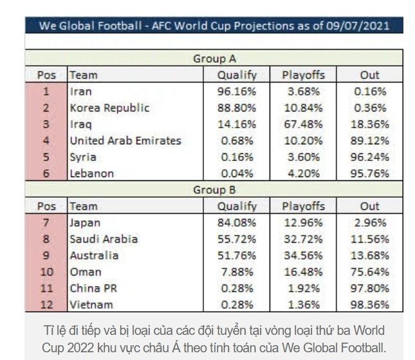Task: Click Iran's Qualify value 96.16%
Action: pyautogui.click(x=237, y=91)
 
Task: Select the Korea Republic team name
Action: pyautogui.click(x=109, y=108)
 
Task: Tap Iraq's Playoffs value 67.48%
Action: pyautogui.click(x=304, y=124)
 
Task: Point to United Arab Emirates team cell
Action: pyautogui.click(x=125, y=140)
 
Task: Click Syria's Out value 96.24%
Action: pyautogui.click(x=370, y=156)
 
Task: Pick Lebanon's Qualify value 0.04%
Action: pyautogui.click(x=237, y=173)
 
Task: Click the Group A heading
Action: pyautogui.click(x=215, y=59)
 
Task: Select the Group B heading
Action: pyautogui.click(x=215, y=190)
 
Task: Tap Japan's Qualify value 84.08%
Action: pyautogui.click(x=237, y=223)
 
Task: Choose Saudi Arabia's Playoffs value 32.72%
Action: pyautogui.click(x=304, y=239)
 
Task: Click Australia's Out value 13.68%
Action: pyautogui.click(x=370, y=256)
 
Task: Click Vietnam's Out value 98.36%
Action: pyautogui.click(x=370, y=304)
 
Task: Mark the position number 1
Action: pyautogui.click(x=46, y=91)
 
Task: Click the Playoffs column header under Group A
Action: pyautogui.click(x=304, y=75)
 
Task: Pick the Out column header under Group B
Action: pyautogui.click(x=370, y=207)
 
